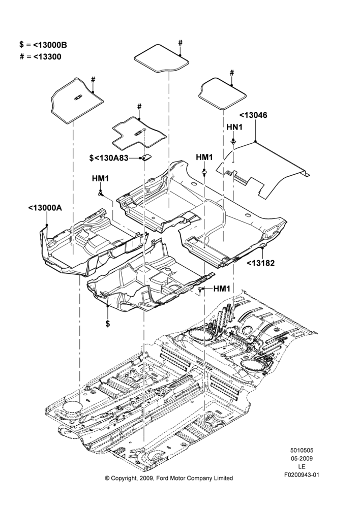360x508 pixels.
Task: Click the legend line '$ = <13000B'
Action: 43,45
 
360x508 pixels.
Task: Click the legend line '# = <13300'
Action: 41,57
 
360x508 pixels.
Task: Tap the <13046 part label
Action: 253,115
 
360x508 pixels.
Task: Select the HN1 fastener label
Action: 234,128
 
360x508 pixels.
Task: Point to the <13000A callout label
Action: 45,208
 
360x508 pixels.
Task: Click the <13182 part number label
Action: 261,263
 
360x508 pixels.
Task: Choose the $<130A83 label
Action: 109,158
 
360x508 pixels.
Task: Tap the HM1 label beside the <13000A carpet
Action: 100,178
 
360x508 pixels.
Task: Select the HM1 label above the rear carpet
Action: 204,157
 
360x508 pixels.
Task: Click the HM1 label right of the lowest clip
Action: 222,288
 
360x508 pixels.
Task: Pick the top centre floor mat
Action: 162,58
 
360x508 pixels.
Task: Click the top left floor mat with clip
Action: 77,100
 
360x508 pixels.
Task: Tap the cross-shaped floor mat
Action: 139,134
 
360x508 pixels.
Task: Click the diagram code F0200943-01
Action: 302,475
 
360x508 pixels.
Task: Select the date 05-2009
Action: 302,458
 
